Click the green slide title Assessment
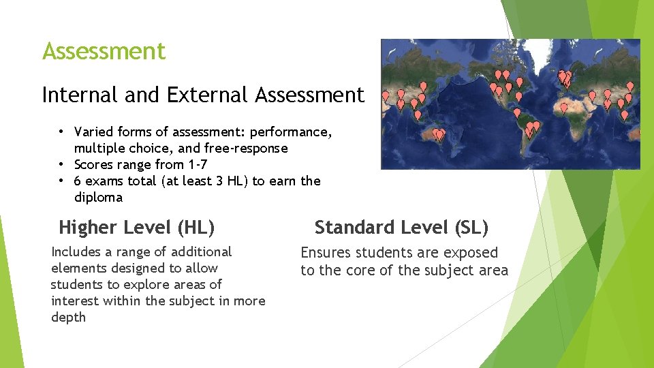click(104, 51)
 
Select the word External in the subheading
click(208, 95)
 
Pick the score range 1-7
click(198, 164)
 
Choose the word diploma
click(98, 198)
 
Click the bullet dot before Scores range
click(61, 164)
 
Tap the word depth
click(68, 318)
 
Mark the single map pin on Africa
click(563, 107)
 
